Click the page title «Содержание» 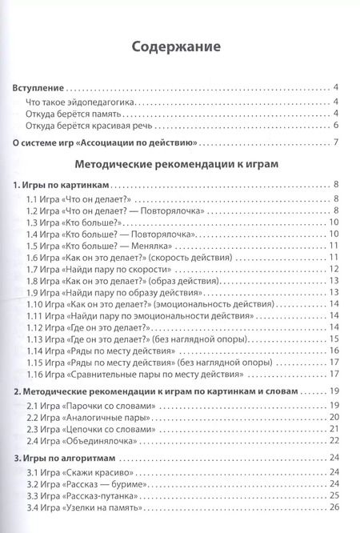click(x=179, y=46)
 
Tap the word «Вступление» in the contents click(x=41, y=87)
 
